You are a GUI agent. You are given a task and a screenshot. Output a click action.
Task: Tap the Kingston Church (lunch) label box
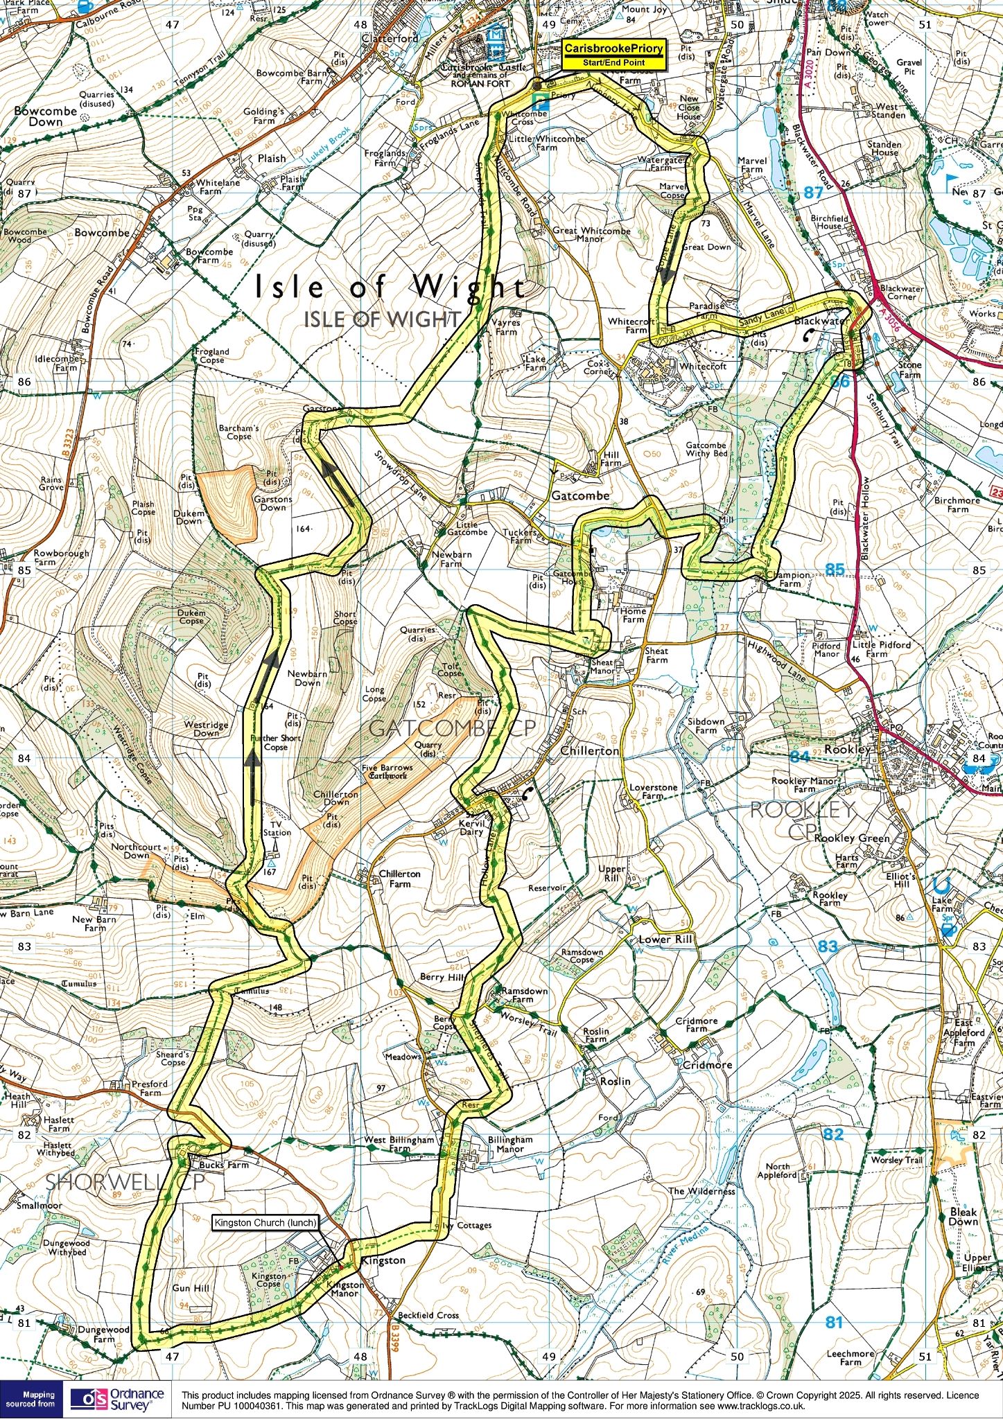coord(265,1222)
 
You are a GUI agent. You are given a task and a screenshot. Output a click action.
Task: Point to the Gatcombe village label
coord(580,495)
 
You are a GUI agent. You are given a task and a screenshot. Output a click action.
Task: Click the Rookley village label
coord(848,749)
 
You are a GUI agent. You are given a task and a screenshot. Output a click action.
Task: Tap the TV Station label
coord(277,828)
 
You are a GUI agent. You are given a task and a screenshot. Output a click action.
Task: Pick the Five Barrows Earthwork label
coord(387,771)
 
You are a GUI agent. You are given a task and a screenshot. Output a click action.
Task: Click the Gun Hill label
coord(191,1288)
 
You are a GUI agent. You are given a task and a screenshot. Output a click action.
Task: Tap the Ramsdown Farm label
coord(524,995)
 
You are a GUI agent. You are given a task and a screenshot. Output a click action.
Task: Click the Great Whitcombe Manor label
coord(591,234)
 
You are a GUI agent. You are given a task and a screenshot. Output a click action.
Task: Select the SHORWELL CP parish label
coord(125,1183)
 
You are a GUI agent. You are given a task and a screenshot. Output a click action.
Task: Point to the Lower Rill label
coord(665,940)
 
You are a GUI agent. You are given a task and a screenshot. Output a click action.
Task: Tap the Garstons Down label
coord(272,503)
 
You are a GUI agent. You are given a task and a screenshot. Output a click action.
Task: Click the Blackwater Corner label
coord(901,292)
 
